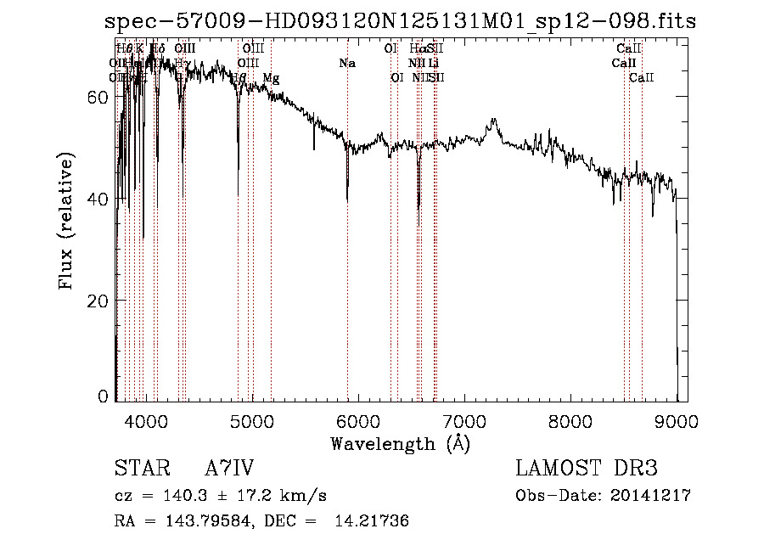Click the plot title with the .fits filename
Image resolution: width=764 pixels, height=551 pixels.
[400, 21]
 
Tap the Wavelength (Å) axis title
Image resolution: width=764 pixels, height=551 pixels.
[400, 443]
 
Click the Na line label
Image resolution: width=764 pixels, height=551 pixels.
[347, 64]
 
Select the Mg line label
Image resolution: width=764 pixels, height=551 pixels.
[271, 78]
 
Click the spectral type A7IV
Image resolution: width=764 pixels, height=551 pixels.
[229, 469]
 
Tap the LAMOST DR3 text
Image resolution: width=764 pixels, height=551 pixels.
[587, 469]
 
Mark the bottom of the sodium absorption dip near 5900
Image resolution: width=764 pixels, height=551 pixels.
[347, 200]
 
